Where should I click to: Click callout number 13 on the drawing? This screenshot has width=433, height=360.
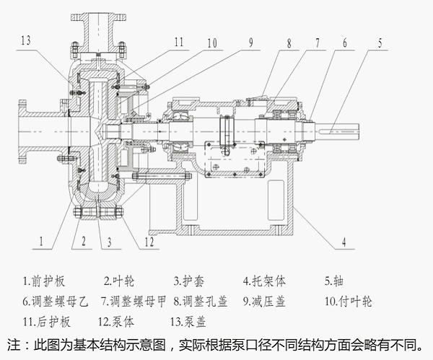[27, 41]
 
